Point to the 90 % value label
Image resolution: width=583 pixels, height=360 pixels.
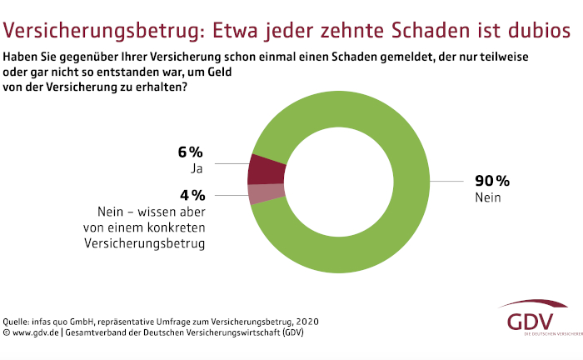pos(491,181)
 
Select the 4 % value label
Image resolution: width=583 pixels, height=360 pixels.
pos(191,195)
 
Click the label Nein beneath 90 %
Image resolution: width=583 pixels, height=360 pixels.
pos(487,197)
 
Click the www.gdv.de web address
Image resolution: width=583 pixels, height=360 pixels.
pos(35,332)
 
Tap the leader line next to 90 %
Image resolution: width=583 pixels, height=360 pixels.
pos(450,181)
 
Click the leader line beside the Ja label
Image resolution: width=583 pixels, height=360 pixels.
pos(230,164)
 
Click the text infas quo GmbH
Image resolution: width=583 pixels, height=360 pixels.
pos(73,322)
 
